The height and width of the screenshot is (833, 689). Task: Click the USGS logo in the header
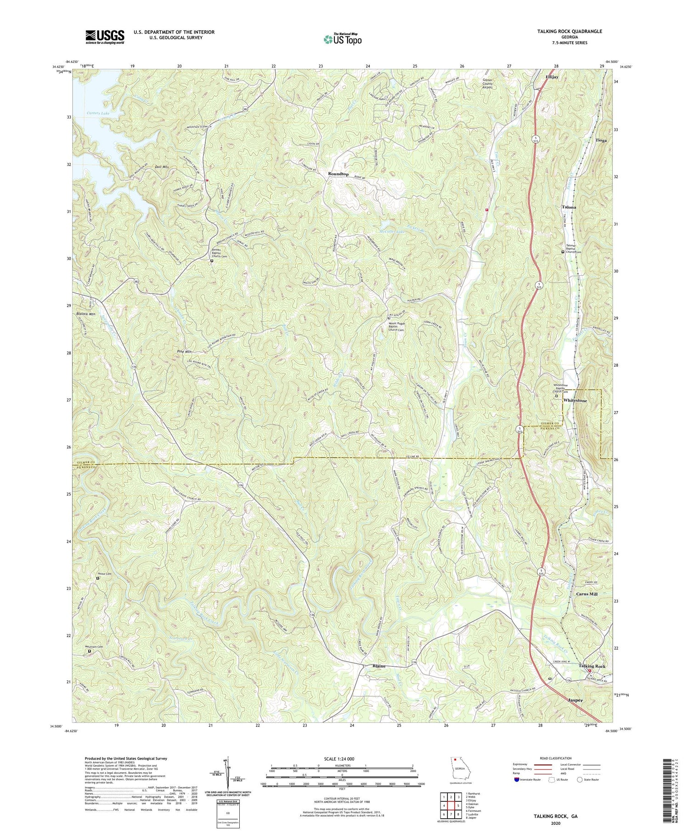pos(104,37)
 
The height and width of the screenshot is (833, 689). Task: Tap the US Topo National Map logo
pos(342,39)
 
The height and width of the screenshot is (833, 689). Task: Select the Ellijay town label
pos(552,77)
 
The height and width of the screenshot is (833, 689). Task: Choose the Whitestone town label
pos(575,401)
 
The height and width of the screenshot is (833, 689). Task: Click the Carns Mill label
pos(587,594)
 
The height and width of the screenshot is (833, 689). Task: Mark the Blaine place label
pos(379,666)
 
